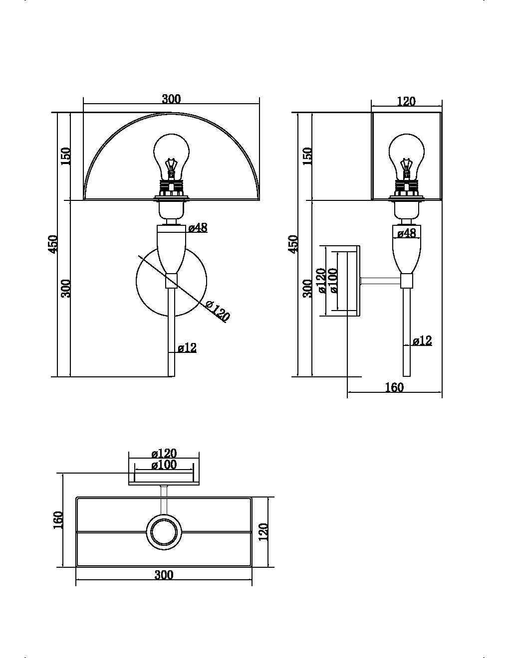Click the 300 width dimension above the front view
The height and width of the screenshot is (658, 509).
coord(171,99)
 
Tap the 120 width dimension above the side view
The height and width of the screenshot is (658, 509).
coord(406,101)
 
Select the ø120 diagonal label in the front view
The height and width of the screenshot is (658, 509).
coord(217,311)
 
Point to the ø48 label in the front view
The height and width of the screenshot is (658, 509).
coord(198,228)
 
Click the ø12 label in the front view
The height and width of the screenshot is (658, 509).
coord(187,347)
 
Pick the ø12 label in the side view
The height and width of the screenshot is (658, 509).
coord(422,341)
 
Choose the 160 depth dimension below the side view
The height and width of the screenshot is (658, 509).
coord(394,387)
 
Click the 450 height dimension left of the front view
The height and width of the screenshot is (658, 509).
coord(53,244)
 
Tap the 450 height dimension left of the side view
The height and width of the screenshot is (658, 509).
coord(293,244)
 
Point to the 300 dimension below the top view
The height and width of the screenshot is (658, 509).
coord(164,575)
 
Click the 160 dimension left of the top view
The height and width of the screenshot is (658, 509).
coord(58,520)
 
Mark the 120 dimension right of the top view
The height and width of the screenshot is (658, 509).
coord(263,531)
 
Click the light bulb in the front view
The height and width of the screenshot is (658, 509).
coord(172,155)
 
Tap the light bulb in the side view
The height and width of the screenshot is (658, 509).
coord(407,155)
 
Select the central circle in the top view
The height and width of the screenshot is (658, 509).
coord(164,532)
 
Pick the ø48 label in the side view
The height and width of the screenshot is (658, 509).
coord(407,233)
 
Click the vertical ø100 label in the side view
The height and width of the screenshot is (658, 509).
coord(333,281)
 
